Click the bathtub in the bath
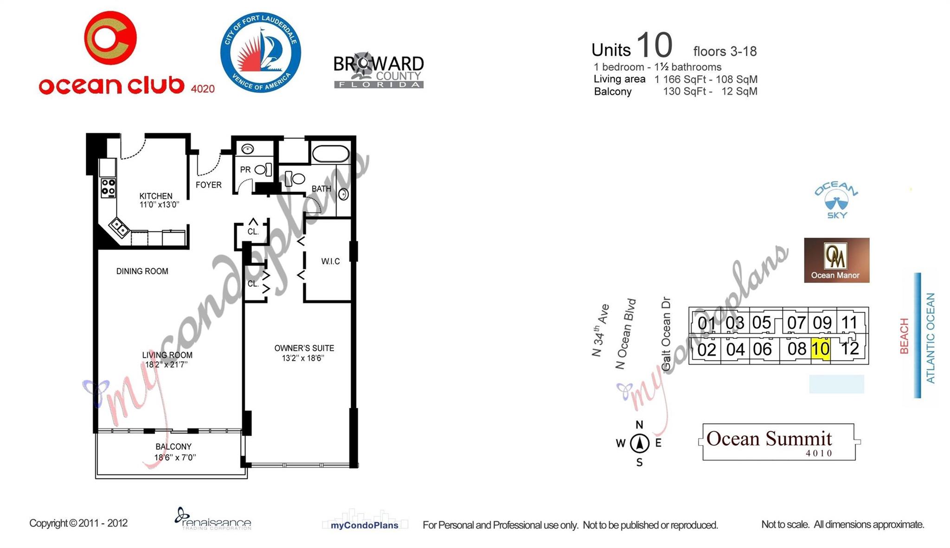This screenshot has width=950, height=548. coord(330,154)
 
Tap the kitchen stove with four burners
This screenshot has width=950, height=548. coord(108,187)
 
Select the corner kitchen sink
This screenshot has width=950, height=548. coord(119,228)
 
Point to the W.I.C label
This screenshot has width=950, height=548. coord(330,262)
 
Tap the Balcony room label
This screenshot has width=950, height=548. coord(173,447)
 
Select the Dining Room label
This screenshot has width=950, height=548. coord(142,271)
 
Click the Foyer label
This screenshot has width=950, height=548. coord(208,185)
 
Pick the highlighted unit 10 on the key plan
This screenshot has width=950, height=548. coord(820,348)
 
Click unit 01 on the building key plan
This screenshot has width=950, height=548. coord(706,323)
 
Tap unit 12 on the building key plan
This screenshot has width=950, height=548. coord(849,348)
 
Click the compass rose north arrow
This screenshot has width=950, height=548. coord(639,443)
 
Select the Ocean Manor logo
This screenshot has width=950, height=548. coord(836,260)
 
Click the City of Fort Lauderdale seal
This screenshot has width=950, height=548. coord(261,52)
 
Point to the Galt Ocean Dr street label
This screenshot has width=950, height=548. coord(666,333)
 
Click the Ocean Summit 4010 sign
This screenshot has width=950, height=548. coord(779,442)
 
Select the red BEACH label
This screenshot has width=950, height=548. coord(904,336)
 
